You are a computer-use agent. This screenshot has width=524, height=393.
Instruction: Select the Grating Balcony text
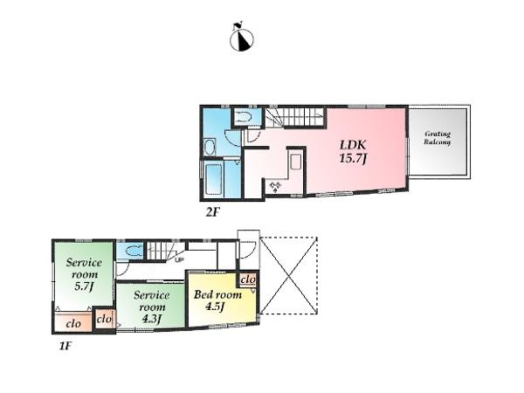[x=438, y=138]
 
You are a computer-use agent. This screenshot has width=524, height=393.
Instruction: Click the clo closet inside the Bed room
[x=247, y=279]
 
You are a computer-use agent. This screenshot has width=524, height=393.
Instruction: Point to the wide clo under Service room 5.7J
[x=73, y=323]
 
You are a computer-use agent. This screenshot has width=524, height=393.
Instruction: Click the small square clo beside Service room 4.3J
[x=104, y=320]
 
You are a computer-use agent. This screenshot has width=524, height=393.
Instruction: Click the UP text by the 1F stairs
[x=178, y=259]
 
